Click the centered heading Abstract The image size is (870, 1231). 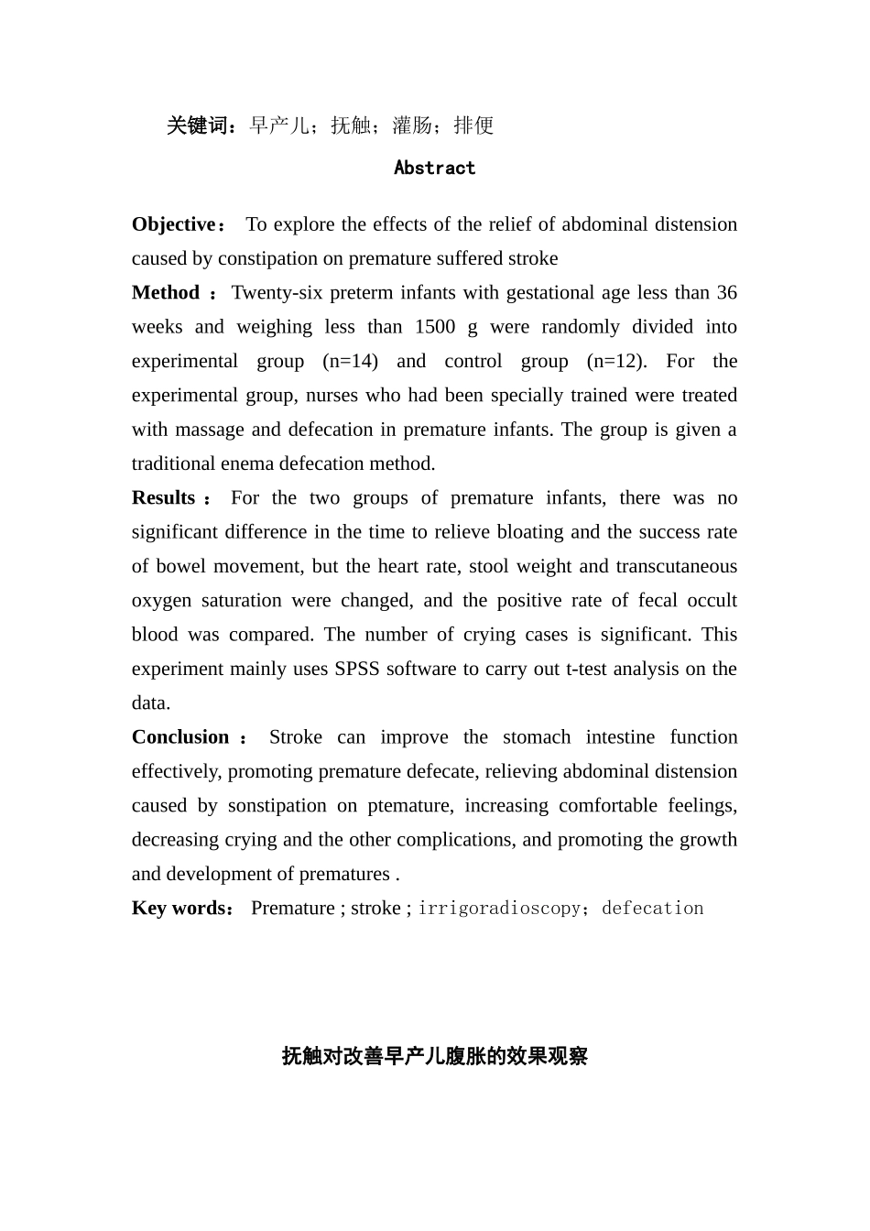point(434,168)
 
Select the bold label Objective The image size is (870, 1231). point(173,224)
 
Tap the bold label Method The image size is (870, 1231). point(166,293)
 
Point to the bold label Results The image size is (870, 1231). point(164,498)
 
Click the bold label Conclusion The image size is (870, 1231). point(180,737)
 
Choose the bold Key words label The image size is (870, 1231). point(179,909)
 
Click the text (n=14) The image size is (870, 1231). point(351,361)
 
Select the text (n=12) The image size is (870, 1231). point(616,361)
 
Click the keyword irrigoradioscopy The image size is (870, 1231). point(499,909)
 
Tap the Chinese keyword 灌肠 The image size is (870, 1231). point(412,125)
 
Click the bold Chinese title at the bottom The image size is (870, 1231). point(434,1056)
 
